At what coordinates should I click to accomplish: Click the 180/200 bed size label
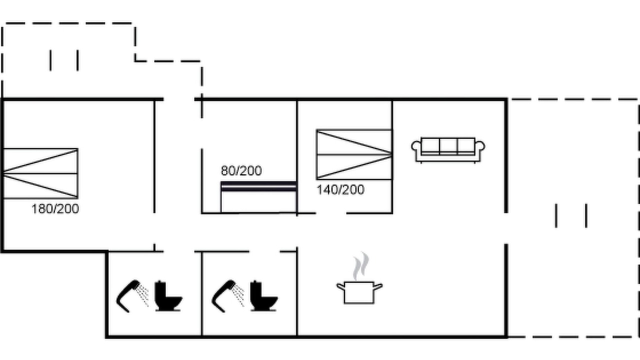(55, 209)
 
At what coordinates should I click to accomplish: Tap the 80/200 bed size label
(241, 170)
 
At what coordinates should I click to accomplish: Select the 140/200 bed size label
(340, 189)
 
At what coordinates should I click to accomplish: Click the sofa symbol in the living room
(448, 150)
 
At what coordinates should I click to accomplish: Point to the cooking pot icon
(359, 292)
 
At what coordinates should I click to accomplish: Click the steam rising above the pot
(361, 266)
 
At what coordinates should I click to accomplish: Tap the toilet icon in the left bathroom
(168, 296)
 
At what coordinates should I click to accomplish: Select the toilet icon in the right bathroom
(263, 296)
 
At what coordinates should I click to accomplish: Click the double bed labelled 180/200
(40, 173)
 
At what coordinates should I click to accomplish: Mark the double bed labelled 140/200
(354, 154)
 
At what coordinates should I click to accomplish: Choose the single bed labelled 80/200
(258, 197)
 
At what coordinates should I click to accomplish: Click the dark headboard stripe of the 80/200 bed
(258, 186)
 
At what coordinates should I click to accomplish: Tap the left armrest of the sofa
(416, 148)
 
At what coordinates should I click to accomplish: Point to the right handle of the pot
(378, 286)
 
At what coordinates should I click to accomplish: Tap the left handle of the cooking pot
(341, 286)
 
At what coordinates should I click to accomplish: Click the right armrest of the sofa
(480, 148)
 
